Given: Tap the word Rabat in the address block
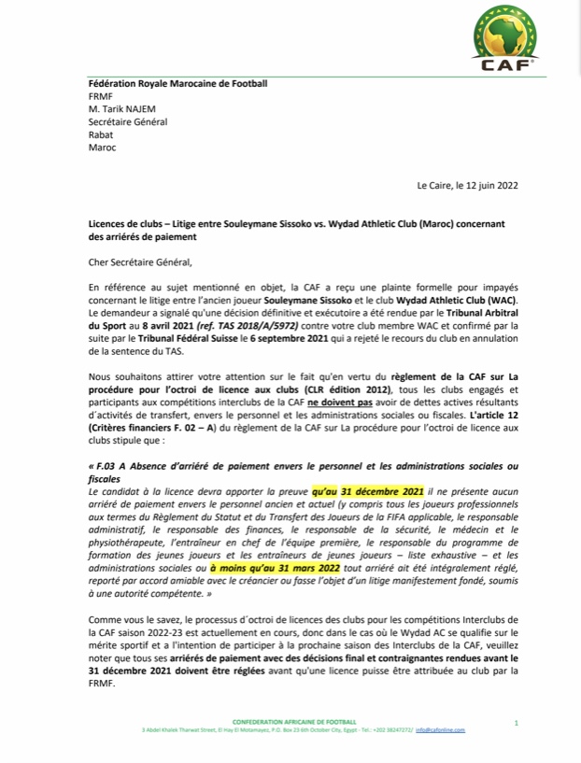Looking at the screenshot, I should coord(100,134).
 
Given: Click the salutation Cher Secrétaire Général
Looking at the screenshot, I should coord(138,264).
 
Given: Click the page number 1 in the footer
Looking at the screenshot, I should coord(516,723).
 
